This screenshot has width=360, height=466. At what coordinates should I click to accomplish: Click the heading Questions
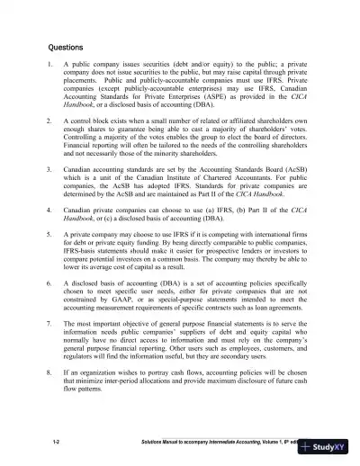click(65, 48)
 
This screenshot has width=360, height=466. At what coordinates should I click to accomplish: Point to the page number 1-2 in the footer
click(56, 444)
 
